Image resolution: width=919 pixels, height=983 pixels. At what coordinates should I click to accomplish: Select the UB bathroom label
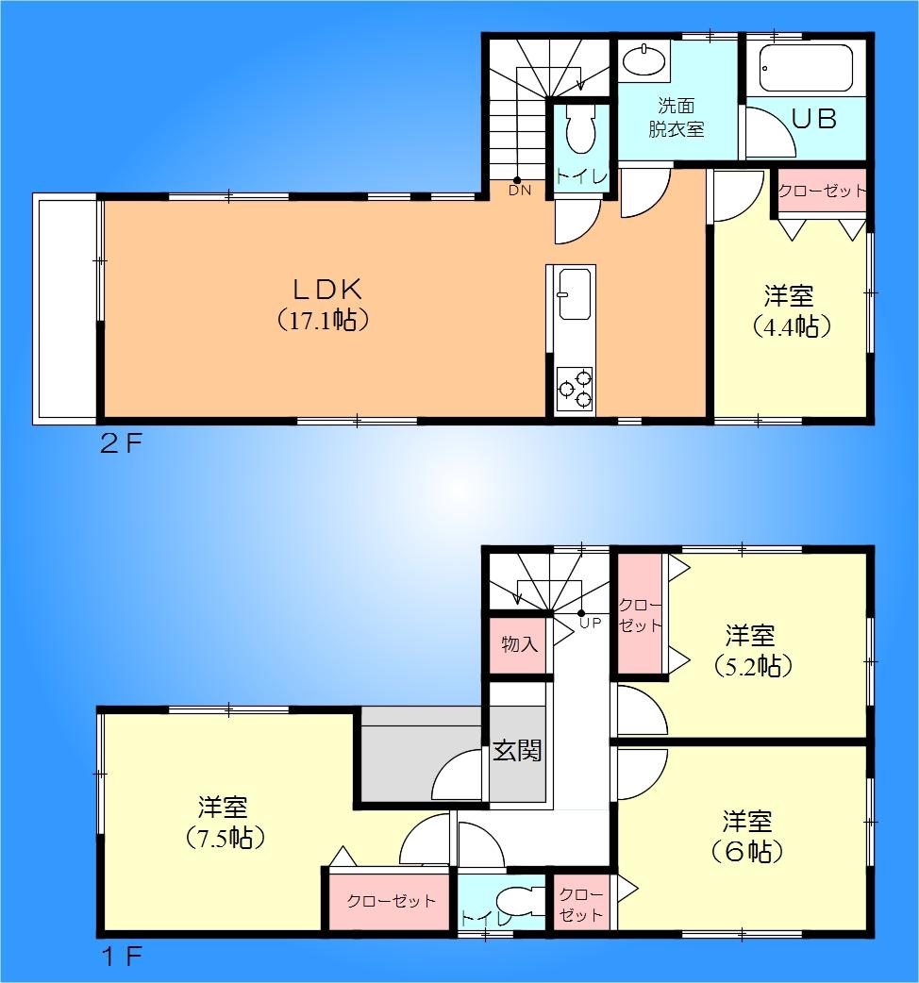(x=813, y=120)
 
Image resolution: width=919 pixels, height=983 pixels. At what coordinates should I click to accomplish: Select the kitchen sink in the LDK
(x=574, y=292)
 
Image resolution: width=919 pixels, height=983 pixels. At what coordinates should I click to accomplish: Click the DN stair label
(x=520, y=191)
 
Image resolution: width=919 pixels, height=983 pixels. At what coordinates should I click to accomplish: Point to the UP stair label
(x=590, y=624)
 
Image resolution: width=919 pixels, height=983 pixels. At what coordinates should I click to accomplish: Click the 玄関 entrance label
(x=517, y=751)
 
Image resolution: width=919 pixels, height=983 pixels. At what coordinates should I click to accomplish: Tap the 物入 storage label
(x=519, y=645)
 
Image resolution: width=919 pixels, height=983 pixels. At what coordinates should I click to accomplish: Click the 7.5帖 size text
(x=224, y=838)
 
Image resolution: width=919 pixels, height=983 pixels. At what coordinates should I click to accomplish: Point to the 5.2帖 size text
(x=751, y=665)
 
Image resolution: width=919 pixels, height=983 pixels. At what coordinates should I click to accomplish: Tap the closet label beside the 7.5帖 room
(x=392, y=901)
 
